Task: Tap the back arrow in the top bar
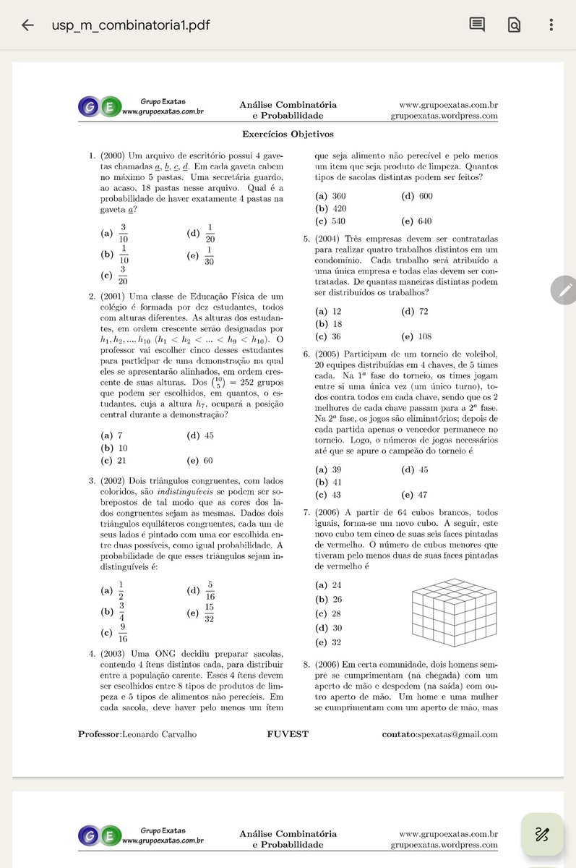(x=27, y=25)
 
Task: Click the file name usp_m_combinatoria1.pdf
(x=131, y=25)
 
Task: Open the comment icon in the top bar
(x=477, y=25)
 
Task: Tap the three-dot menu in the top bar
(x=551, y=25)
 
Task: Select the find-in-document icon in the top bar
(x=514, y=25)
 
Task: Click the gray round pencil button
(x=564, y=290)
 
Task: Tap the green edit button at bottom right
(x=542, y=834)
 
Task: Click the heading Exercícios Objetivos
(x=288, y=134)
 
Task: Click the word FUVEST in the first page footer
(x=288, y=734)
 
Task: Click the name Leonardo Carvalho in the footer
(x=159, y=734)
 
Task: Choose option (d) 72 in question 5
(x=414, y=311)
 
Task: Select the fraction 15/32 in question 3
(x=208, y=613)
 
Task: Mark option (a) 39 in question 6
(x=329, y=469)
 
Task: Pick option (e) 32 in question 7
(x=329, y=642)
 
